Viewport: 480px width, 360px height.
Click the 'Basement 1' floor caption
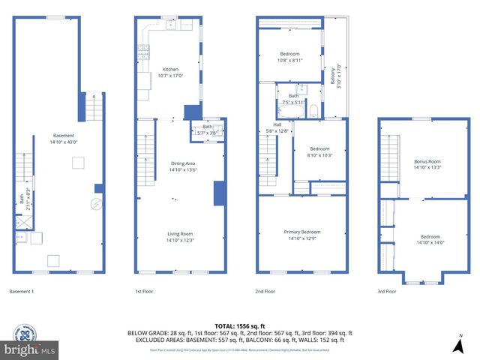(21, 291)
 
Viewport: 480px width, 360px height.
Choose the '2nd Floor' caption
(265, 291)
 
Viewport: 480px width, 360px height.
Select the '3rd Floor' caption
(386, 291)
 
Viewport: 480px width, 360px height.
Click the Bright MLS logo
(30, 349)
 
